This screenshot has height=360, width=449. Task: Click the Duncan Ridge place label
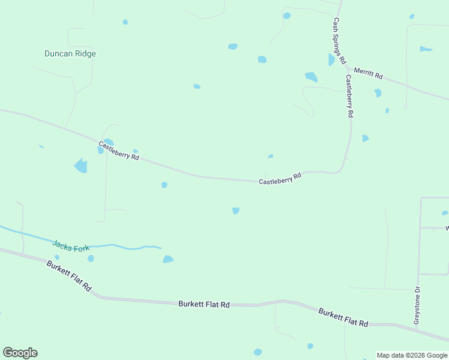point(70,53)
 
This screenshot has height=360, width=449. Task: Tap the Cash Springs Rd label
point(339,40)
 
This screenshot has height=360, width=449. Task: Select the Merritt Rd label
point(368,73)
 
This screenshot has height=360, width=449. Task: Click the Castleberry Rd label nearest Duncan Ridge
point(119,150)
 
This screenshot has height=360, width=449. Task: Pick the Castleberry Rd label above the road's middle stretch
point(280,179)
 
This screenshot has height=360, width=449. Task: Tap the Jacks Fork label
point(71,245)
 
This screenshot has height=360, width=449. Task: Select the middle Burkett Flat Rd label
point(204,304)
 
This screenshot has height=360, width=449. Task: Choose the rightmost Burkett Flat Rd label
point(343,317)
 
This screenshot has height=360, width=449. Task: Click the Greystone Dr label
point(417,306)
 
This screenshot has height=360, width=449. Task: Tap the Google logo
point(20,353)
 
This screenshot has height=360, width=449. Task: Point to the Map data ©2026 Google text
point(412,355)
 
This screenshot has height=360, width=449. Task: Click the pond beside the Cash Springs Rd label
point(331,59)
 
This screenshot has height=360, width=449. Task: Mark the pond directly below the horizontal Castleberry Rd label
point(236,211)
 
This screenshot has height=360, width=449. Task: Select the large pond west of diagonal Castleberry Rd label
point(80,166)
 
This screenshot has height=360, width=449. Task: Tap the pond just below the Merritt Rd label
point(378,93)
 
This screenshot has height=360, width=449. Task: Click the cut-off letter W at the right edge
point(447,228)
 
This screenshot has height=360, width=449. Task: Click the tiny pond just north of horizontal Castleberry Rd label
point(271,157)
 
